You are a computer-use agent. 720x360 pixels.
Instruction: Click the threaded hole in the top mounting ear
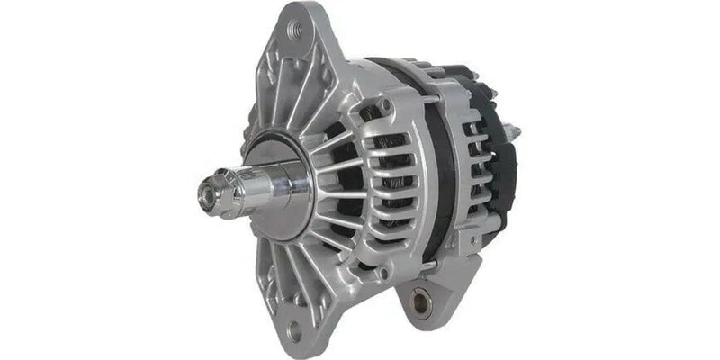coord(293,28)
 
